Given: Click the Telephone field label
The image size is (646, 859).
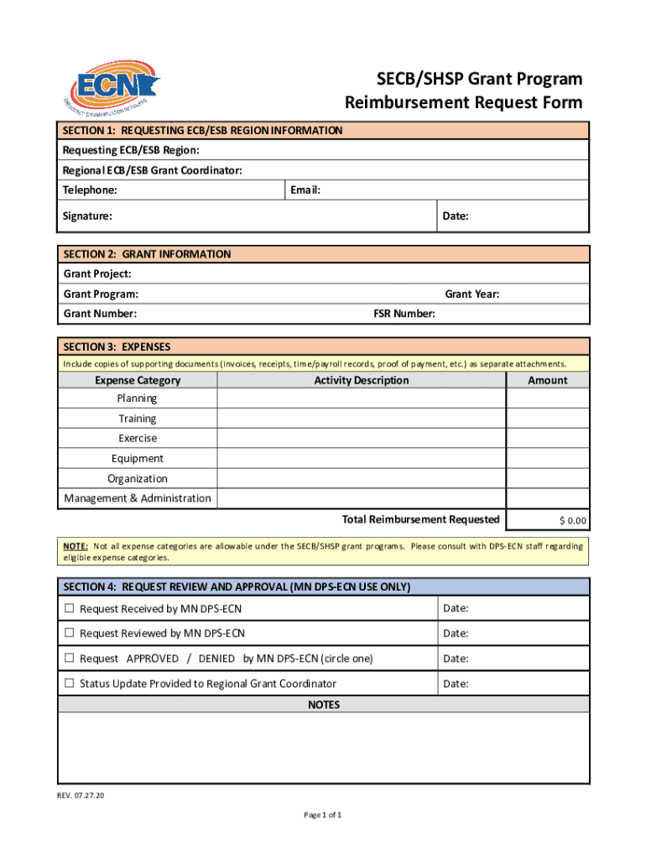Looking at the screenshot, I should (90, 190).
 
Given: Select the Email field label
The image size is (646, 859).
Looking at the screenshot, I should (305, 190).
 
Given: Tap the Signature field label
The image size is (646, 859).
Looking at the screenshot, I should (87, 216).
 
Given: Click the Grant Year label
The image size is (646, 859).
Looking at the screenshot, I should (471, 294).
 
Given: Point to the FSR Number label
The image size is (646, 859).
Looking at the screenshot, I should (404, 314).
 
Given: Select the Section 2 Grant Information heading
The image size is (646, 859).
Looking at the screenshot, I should (147, 254).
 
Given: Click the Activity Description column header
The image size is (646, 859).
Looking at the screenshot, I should (361, 380).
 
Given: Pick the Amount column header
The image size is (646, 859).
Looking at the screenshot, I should (547, 380).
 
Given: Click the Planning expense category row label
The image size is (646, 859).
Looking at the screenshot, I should (137, 398).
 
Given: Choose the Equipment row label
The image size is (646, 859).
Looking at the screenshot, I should (137, 459).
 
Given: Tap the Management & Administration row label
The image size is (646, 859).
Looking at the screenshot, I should (138, 498).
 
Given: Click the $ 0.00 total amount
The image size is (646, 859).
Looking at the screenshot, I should (573, 521).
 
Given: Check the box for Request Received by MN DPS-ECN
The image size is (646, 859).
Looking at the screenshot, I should (70, 608).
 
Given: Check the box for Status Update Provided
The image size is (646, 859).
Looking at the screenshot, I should (70, 684).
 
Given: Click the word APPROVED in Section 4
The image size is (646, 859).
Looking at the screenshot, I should (152, 659).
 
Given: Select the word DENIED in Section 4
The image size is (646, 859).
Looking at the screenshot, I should (216, 659).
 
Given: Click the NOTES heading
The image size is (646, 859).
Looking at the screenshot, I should (324, 705).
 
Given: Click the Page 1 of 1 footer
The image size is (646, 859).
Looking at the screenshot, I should (322, 815).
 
